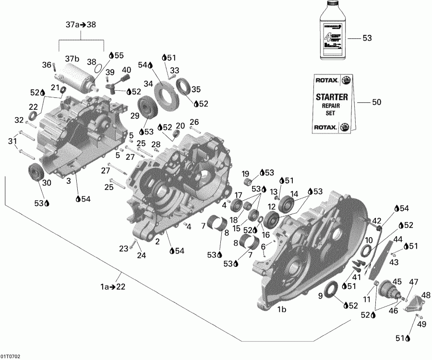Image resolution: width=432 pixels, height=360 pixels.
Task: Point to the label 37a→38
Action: click(81, 25)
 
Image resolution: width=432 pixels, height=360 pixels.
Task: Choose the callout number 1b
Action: click(282, 310)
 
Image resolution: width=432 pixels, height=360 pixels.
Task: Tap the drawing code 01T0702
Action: click(11, 357)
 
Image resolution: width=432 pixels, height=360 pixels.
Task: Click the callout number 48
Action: click(426, 295)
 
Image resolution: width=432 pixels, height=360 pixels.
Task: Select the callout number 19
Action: click(245, 174)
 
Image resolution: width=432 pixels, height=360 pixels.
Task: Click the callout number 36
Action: click(46, 65)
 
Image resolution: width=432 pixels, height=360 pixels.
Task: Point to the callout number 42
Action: click(377, 221)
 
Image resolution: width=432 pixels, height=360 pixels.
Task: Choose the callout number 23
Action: click(124, 248)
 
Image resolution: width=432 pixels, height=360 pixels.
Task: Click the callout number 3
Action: click(69, 180)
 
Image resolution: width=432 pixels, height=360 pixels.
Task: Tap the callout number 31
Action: click(12, 141)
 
